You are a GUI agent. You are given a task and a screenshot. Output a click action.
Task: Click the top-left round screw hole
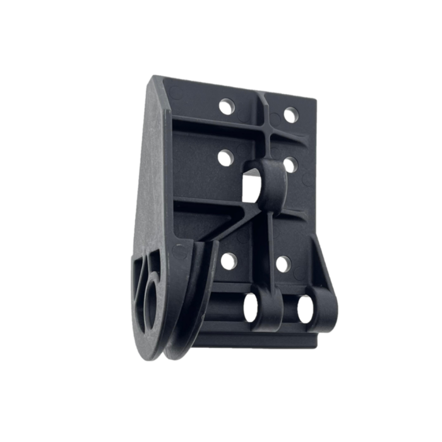[x=225, y=107]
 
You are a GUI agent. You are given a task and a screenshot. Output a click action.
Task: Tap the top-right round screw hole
[x=290, y=115]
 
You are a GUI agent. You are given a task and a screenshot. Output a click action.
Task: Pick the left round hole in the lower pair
[x=229, y=260]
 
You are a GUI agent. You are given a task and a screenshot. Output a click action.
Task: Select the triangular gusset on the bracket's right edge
[x=321, y=265]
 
